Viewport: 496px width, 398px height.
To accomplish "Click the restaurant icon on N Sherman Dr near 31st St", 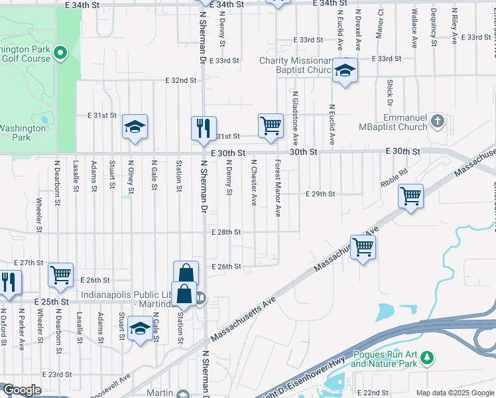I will tap(204, 127).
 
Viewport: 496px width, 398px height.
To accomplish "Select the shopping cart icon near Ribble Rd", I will tap(411, 196).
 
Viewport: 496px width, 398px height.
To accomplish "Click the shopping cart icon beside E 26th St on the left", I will tap(61, 274).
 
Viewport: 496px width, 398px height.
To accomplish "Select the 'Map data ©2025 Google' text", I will tap(456, 393).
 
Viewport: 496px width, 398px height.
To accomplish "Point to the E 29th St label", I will tap(320, 194).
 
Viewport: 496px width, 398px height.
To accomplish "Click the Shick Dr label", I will tap(389, 92).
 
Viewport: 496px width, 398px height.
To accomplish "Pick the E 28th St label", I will tap(226, 232).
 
